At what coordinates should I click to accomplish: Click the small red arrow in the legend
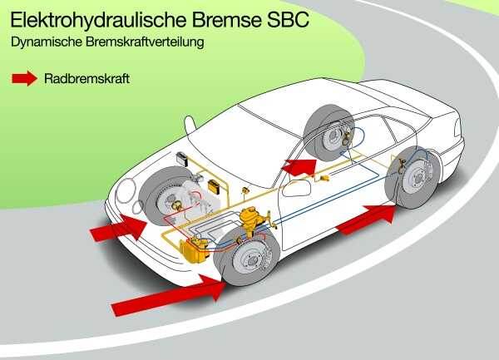tap(24, 79)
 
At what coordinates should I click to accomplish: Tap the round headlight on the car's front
tap(127, 190)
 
